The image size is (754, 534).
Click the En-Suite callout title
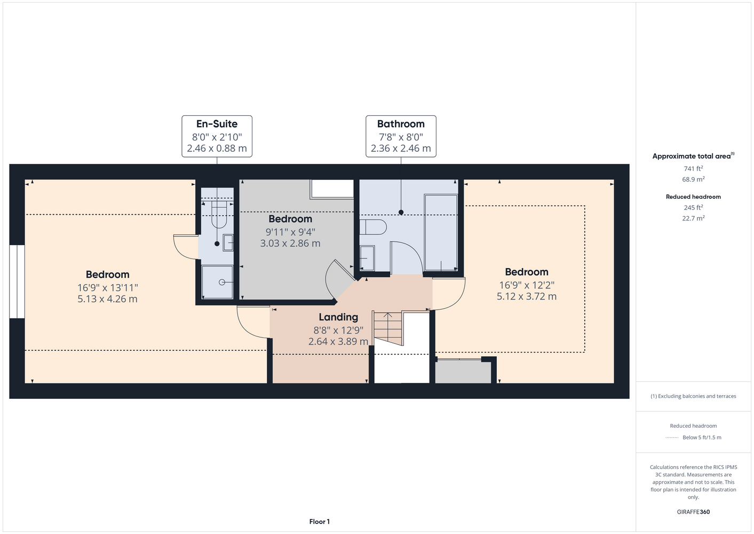(x=217, y=124)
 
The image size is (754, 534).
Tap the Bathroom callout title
(x=401, y=124)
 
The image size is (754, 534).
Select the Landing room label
(x=338, y=317)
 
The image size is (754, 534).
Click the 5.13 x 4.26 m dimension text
(x=107, y=299)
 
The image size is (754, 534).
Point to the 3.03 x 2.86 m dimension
(x=290, y=244)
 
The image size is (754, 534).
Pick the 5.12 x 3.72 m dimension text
(x=527, y=296)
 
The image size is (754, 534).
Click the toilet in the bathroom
(x=373, y=227)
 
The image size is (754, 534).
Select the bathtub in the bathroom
(x=441, y=232)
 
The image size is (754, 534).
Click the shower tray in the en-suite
(x=217, y=282)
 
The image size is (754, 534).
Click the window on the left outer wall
(x=17, y=281)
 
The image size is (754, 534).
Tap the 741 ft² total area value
(x=693, y=168)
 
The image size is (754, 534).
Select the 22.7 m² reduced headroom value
(x=693, y=218)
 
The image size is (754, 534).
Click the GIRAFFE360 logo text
(x=693, y=512)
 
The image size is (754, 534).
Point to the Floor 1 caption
(x=320, y=522)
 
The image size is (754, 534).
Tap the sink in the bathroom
(x=367, y=258)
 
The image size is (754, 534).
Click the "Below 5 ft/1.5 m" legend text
(x=702, y=437)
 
